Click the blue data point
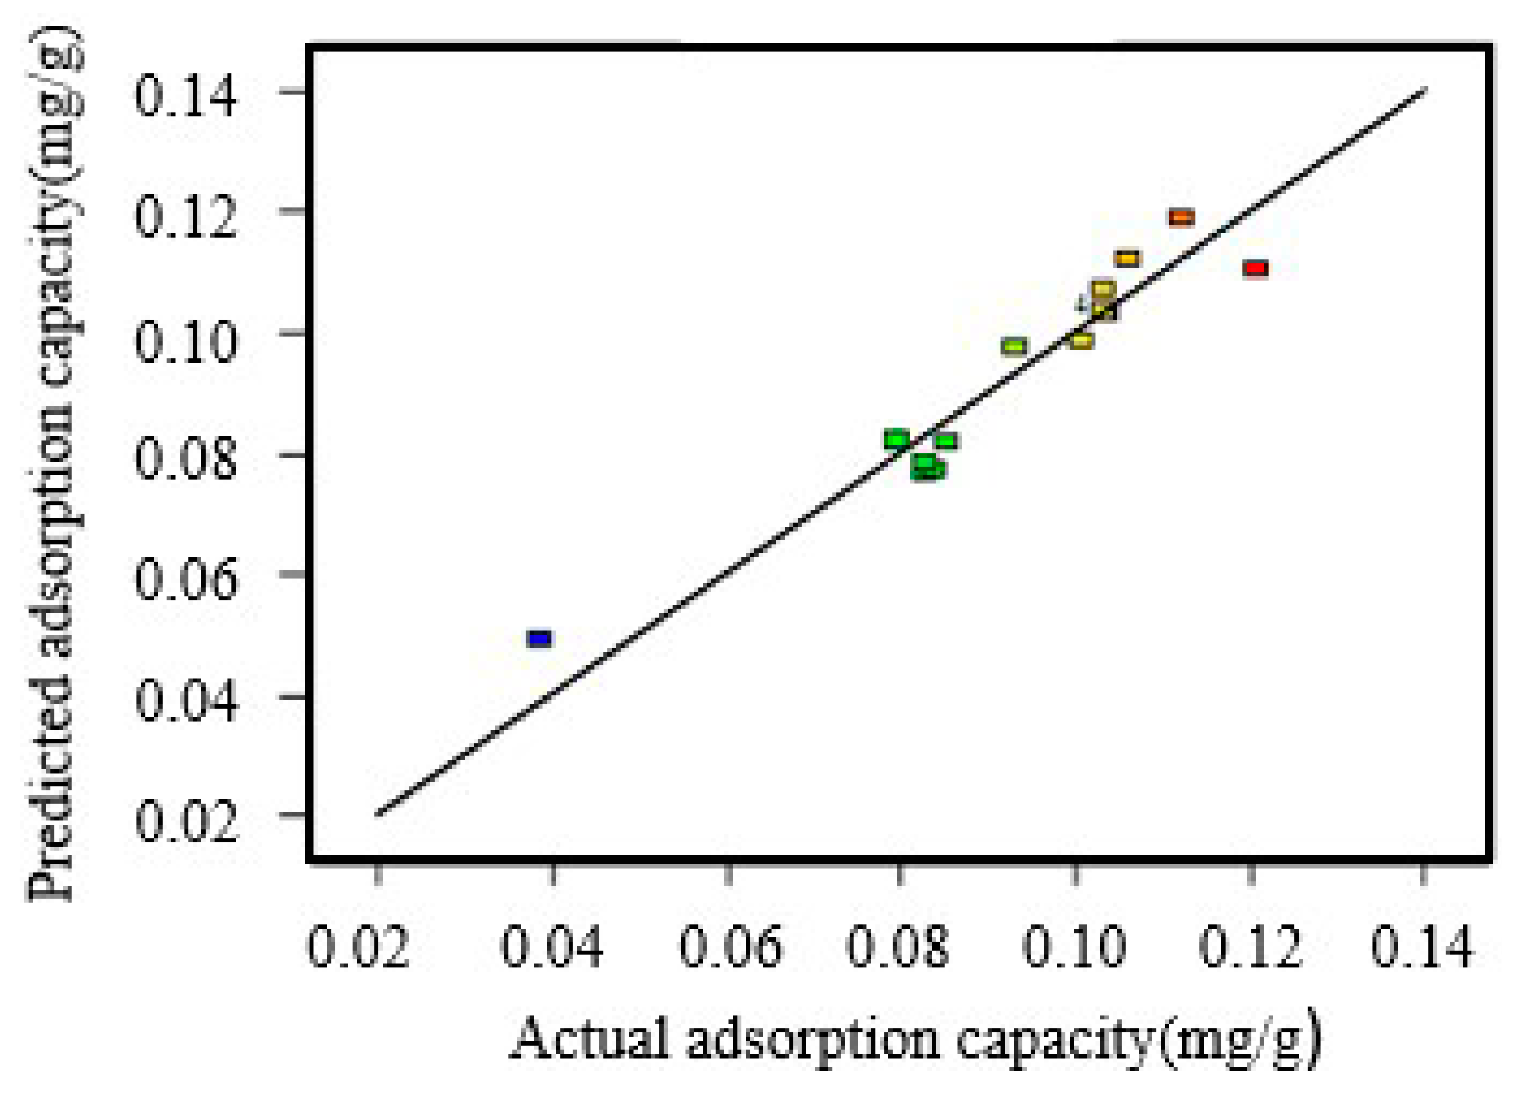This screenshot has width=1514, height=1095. point(539,638)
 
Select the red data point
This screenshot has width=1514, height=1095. point(1256,269)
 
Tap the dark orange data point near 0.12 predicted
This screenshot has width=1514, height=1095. point(1181,218)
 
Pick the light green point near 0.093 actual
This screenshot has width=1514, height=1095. point(1014,346)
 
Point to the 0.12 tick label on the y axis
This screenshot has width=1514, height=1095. point(186,218)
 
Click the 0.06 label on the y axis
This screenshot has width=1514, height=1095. point(186,579)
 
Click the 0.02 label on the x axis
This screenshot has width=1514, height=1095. point(358,947)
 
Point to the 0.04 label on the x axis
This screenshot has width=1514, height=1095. point(552,947)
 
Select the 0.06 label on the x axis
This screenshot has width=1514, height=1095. point(730,947)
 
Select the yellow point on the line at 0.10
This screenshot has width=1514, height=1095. point(1082,341)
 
